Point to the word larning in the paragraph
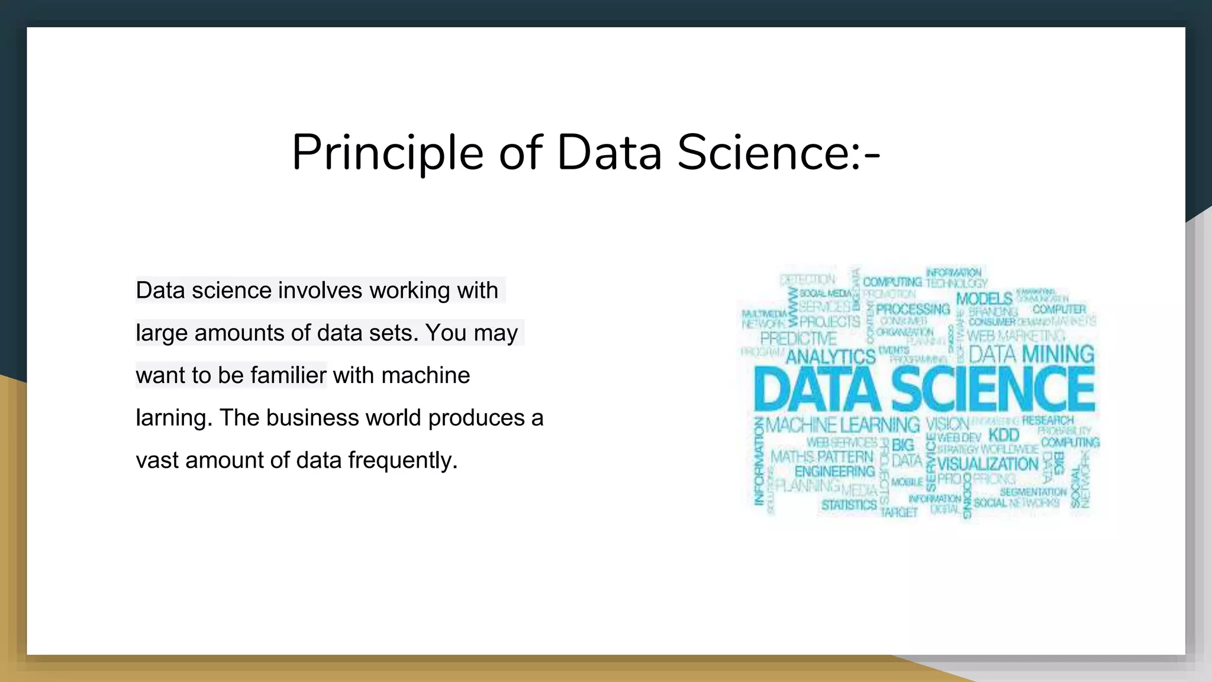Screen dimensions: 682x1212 [173, 418]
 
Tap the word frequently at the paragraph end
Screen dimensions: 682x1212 [403, 461]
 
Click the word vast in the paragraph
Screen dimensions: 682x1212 [157, 461]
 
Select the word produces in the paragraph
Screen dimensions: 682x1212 [476, 418]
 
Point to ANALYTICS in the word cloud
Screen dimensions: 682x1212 [830, 356]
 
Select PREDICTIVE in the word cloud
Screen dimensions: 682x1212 [798, 339]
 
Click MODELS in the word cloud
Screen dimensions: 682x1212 [984, 299]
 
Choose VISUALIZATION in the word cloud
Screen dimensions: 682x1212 [988, 464]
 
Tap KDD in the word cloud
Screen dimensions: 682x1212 [1003, 435]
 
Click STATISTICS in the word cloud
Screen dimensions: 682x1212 [849, 505]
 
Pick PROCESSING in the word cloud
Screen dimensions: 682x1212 [913, 309]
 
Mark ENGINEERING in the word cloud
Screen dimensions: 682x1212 [834, 471]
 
